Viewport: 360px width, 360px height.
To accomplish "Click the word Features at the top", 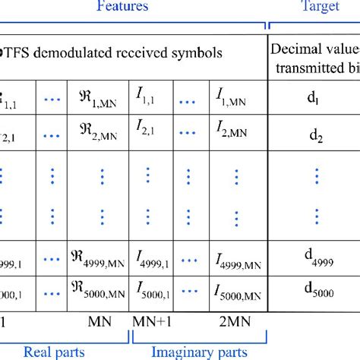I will tap(122, 8).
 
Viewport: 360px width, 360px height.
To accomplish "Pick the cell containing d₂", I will tap(314, 137).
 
